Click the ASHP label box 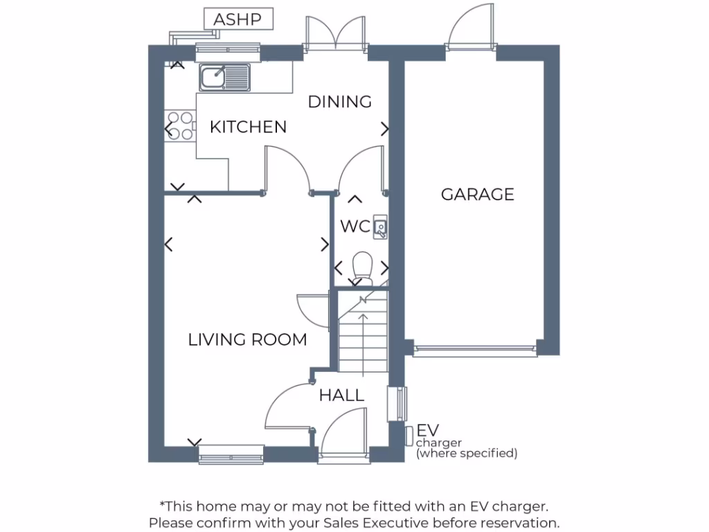[237, 19]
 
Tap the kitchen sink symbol [224, 77]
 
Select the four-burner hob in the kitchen [179, 125]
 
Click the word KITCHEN [248, 127]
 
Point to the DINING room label [339, 102]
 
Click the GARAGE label [478, 194]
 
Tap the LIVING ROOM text [247, 339]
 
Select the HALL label [341, 396]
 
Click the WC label [355, 227]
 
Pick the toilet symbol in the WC [362, 268]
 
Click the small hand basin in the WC [380, 227]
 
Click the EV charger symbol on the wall [409, 436]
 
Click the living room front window [231, 454]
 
